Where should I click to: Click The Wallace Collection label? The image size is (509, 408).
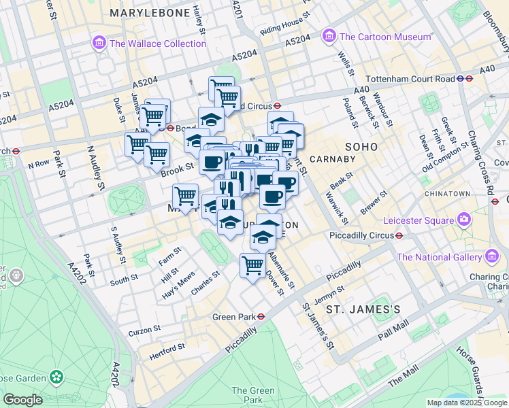[157, 44]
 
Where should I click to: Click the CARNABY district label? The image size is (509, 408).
[333, 159]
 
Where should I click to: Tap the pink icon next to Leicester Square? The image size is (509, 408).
[464, 220]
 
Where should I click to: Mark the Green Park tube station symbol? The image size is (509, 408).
[261, 317]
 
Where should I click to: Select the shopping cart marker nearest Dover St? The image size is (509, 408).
[252, 265]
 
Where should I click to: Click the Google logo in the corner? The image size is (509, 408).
[22, 400]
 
